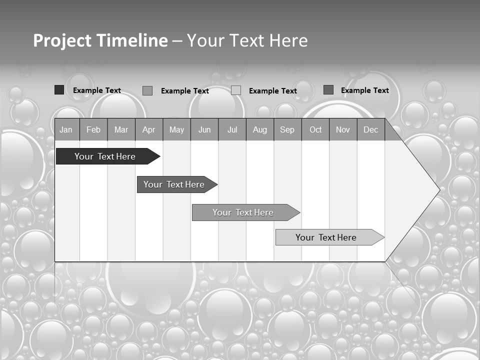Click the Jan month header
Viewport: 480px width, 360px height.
click(x=66, y=130)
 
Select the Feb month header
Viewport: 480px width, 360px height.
click(x=93, y=130)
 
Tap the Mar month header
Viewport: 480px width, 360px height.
click(x=121, y=130)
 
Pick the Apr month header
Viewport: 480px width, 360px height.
click(x=149, y=130)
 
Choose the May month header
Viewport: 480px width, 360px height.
click(x=176, y=130)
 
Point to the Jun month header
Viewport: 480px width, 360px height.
click(x=204, y=130)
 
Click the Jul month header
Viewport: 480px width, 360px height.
click(x=232, y=130)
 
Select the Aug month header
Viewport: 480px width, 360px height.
click(x=260, y=130)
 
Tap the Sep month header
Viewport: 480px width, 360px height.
click(x=287, y=130)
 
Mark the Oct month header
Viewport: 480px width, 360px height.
click(x=315, y=130)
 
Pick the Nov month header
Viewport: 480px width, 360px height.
click(x=343, y=130)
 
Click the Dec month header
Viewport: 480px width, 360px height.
click(x=371, y=130)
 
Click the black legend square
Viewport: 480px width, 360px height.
click(x=59, y=90)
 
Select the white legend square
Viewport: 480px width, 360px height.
click(x=236, y=90)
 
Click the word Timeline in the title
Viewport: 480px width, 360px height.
click(x=131, y=40)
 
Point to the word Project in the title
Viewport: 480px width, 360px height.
click(x=61, y=40)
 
